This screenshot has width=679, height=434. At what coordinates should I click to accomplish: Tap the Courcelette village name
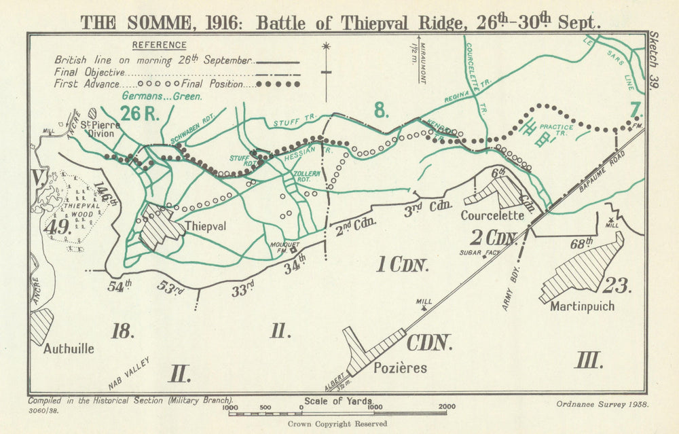tap(492, 215)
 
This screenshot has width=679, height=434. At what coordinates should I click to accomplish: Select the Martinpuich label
tap(583, 306)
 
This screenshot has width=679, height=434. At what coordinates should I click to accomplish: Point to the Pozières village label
tap(400, 368)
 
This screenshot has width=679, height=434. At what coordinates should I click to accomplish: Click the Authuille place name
tap(69, 348)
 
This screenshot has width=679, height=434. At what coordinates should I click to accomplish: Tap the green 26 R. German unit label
tap(140, 113)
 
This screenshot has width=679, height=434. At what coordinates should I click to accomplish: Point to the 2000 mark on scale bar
tap(446, 408)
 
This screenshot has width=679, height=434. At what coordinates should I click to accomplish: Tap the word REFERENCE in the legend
tap(159, 45)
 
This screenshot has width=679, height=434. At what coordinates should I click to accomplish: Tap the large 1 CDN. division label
tap(402, 265)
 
